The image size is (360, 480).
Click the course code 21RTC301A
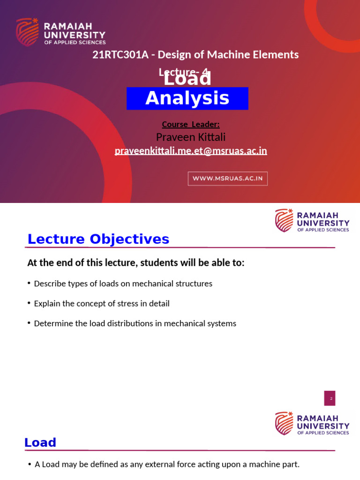[120, 55]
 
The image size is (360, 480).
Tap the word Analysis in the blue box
[187, 98]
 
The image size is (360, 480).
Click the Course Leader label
[191, 124]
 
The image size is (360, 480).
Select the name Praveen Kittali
[191, 137]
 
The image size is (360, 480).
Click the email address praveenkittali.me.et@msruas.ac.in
[191, 150]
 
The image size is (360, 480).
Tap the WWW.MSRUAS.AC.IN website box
[228, 179]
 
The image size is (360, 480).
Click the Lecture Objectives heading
[98, 239]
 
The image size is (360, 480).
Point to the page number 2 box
[330, 398]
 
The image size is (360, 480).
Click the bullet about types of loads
[123, 284]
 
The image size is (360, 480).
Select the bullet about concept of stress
[102, 303]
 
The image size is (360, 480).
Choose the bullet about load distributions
[135, 323]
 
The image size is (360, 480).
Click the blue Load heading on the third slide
[40, 442]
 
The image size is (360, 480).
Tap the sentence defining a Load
[167, 465]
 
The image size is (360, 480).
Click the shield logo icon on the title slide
[27, 32]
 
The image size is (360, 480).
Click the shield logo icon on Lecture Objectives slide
[284, 220]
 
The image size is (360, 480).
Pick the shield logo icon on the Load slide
[284, 423]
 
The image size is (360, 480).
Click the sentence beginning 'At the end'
[136, 263]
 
